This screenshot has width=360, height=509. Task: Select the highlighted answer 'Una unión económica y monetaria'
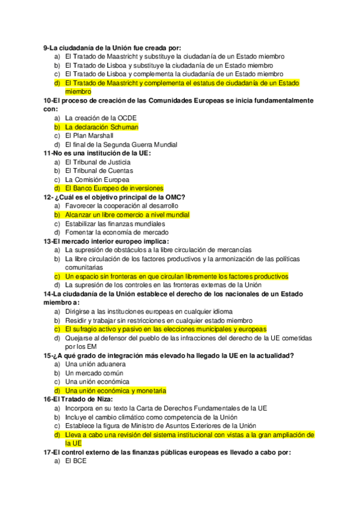(116, 390)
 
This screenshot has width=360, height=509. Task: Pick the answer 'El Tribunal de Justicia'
(98, 162)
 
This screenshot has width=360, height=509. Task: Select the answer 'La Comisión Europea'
(97, 179)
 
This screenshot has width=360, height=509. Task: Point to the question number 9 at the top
(46, 47)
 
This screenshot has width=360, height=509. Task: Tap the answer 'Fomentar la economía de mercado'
(117, 232)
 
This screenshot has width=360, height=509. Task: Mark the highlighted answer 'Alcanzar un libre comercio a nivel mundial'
(127, 215)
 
